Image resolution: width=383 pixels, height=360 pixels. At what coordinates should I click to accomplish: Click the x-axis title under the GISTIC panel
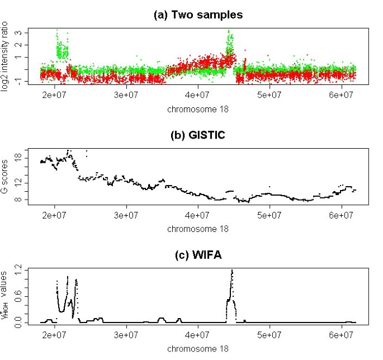tap(198, 229)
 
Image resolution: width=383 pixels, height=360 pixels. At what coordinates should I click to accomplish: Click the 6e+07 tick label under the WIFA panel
tap(342, 335)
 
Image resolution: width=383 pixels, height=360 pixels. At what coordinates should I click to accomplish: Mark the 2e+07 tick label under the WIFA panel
tap(55, 335)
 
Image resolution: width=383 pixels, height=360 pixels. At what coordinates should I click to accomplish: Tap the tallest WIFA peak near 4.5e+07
tap(231, 272)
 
